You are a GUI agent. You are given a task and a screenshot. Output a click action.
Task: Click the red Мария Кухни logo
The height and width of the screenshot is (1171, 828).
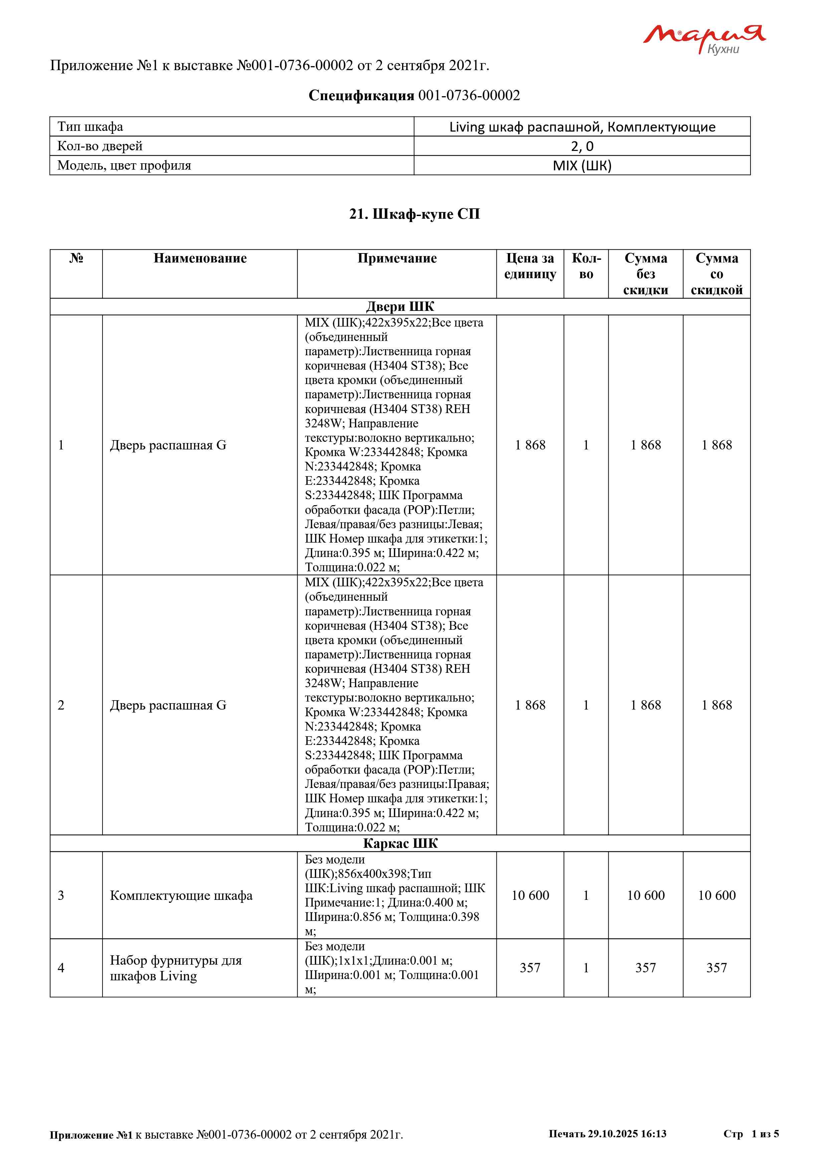703,38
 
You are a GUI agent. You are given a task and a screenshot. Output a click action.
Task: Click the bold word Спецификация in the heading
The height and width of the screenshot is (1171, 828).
361,95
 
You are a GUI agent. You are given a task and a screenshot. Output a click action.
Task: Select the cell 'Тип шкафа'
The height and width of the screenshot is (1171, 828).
90,127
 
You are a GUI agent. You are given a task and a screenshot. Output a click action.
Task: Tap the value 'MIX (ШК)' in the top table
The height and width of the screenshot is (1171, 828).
582,166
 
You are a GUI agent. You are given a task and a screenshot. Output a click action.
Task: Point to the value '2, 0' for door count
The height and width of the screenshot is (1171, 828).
582,146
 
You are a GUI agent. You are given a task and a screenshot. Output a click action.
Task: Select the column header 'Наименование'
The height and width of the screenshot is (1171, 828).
200,258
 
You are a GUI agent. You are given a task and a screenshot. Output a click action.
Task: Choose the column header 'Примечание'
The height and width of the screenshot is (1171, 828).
397,258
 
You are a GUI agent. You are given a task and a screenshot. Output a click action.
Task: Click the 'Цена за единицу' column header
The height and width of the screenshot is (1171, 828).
530,266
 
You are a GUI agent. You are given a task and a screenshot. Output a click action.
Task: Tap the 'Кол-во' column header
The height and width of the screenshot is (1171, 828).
586,266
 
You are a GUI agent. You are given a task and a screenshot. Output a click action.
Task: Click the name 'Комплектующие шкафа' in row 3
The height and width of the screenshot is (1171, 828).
181,896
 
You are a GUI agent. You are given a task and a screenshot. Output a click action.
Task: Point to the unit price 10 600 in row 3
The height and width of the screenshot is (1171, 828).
530,896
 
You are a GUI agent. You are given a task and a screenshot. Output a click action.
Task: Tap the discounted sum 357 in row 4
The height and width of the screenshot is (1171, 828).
716,968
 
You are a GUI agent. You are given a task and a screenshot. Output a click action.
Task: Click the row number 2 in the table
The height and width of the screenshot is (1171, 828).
61,705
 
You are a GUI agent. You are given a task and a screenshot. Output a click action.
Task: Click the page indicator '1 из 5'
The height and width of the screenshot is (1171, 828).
765,1134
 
